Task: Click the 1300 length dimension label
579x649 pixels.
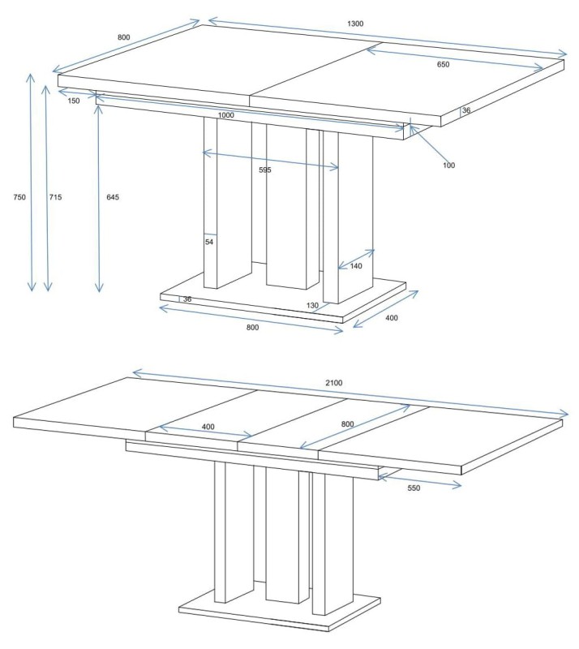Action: (355, 24)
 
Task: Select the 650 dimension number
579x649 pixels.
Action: (443, 64)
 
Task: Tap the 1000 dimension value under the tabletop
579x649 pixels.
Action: (225, 115)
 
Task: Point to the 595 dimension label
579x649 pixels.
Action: (265, 170)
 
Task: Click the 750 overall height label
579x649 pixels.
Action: (19, 197)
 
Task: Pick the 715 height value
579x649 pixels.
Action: (55, 197)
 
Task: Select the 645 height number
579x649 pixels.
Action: (113, 197)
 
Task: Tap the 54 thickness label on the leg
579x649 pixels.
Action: (209, 242)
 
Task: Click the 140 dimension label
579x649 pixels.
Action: (356, 266)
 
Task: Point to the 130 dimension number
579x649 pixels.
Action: (312, 306)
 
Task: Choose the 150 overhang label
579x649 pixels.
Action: (73, 101)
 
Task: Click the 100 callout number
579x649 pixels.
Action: (448, 165)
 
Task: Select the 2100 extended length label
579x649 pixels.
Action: (333, 383)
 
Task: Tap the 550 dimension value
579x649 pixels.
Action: (414, 488)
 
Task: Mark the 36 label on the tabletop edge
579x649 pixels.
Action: (466, 110)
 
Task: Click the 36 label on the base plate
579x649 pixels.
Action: (187, 299)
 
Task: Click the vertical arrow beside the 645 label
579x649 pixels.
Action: (98, 199)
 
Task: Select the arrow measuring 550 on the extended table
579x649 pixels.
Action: (420, 481)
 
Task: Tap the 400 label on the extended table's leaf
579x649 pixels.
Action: (208, 427)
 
